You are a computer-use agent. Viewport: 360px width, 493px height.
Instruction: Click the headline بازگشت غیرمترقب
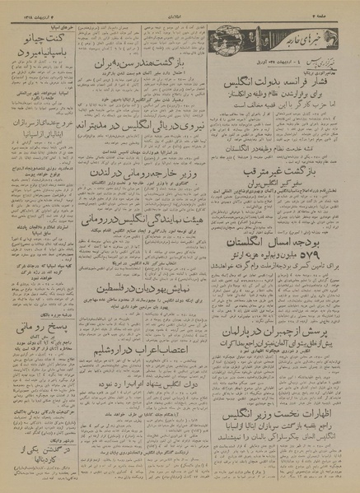coord(280,198)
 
